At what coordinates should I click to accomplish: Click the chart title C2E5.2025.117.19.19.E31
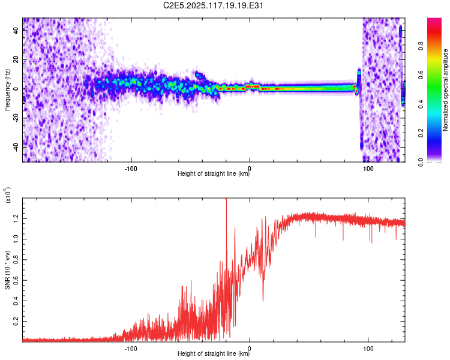click(213, 5)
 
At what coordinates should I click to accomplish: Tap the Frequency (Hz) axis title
click(7, 90)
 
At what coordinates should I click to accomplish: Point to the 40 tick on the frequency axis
click(16, 31)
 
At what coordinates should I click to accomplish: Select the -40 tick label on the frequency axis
click(16, 148)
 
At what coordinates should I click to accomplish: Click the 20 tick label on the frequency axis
click(16, 60)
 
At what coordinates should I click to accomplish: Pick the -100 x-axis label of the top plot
click(131, 169)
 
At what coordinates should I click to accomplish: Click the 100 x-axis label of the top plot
click(368, 169)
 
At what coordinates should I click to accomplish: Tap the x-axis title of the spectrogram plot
click(214, 173)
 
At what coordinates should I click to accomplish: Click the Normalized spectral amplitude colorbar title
click(445, 90)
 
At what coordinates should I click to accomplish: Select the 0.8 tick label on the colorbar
click(421, 46)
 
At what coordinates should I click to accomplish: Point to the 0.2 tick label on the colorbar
click(421, 133)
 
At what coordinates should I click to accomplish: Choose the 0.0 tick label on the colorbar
click(421, 162)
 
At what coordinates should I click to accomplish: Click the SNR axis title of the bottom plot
click(7, 270)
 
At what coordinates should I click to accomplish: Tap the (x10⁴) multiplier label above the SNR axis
click(8, 195)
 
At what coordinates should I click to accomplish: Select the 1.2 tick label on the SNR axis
click(16, 219)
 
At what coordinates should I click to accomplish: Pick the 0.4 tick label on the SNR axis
click(16, 301)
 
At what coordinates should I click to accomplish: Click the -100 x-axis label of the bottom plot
click(131, 349)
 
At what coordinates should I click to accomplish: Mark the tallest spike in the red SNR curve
click(226, 199)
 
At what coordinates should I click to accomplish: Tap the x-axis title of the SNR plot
click(214, 353)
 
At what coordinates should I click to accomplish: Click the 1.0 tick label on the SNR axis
click(16, 239)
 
